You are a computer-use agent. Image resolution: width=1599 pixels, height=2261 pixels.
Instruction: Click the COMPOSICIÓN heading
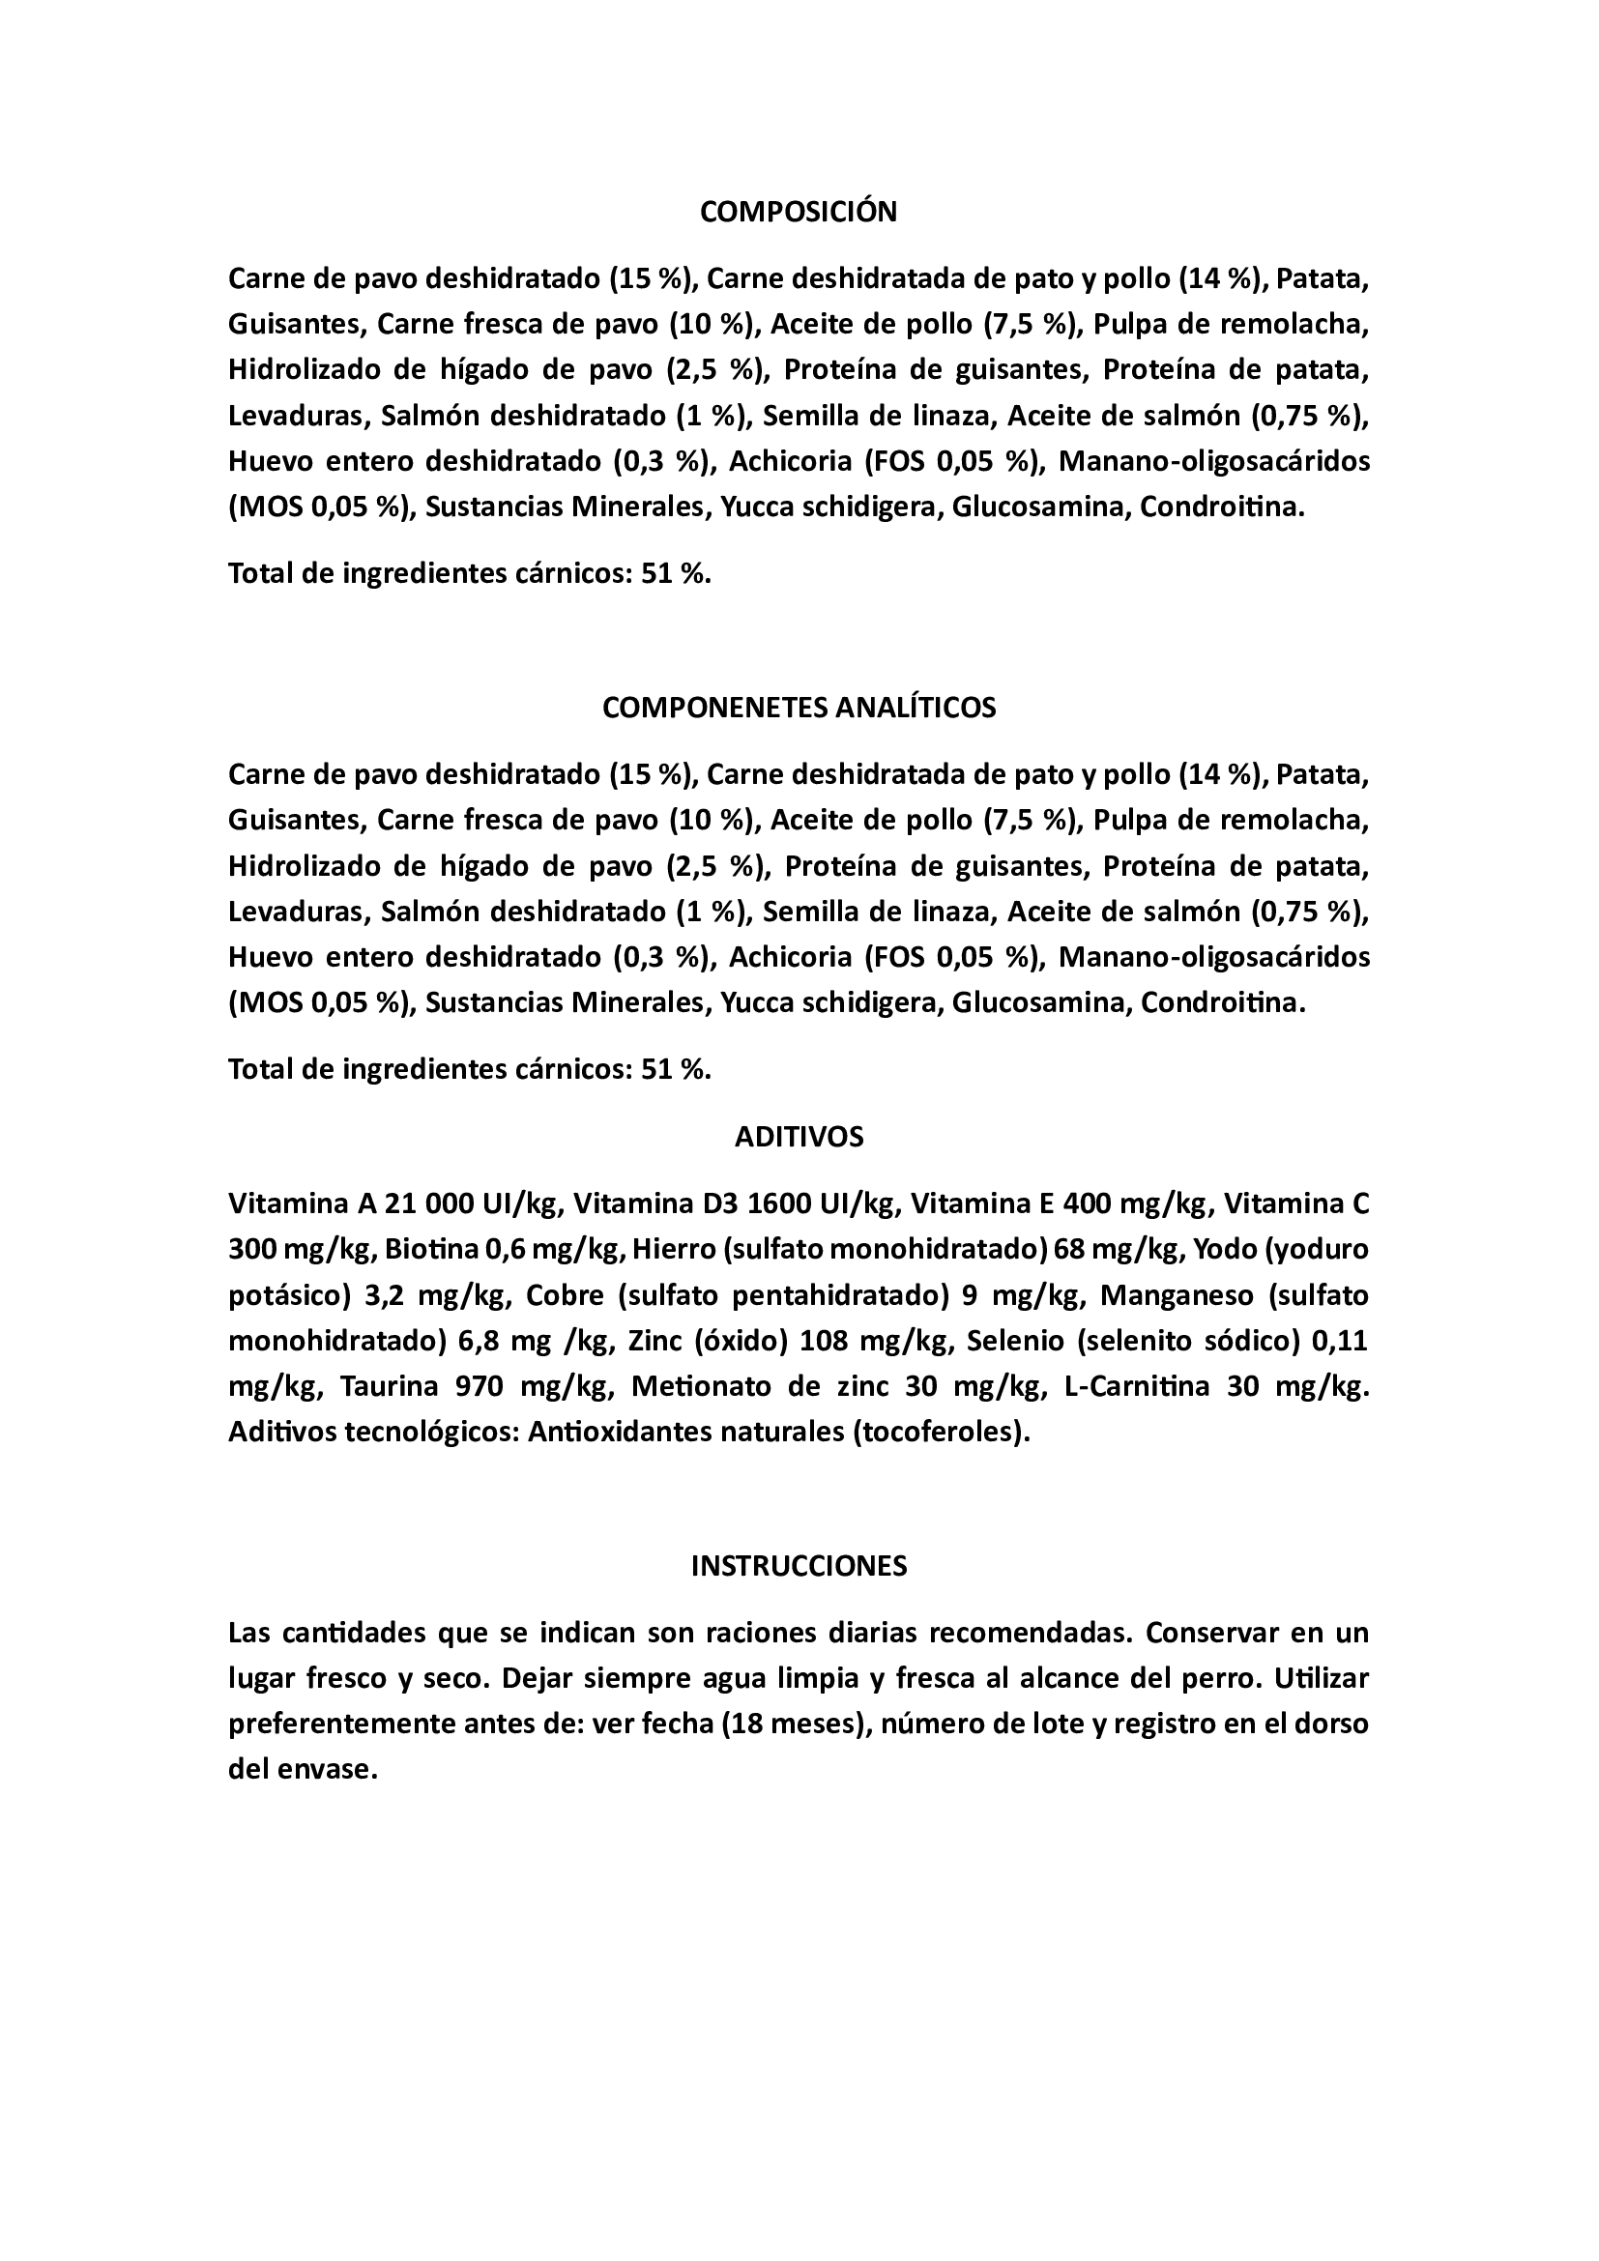[799, 212]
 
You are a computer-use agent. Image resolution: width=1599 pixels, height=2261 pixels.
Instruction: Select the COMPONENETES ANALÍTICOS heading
[799, 708]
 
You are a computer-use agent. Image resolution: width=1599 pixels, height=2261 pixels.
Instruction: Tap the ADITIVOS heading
[799, 1138]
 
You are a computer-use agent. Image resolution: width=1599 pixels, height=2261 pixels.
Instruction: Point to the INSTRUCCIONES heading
[799, 1567]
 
